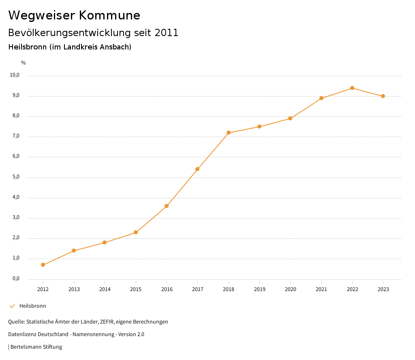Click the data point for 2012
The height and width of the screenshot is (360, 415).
tap(43, 265)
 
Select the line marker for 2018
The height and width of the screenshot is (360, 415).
tap(229, 133)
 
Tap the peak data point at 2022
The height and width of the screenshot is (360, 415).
tap(352, 88)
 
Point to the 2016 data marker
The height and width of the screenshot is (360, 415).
tap(167, 206)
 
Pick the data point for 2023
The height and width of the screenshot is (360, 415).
tap(383, 96)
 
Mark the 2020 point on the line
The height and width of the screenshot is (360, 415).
tap(290, 118)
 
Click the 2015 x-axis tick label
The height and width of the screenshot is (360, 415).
tap(136, 289)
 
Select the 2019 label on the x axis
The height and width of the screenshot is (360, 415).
tap(259, 289)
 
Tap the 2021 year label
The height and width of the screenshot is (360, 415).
tap(321, 289)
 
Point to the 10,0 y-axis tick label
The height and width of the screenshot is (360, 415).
tap(15, 75)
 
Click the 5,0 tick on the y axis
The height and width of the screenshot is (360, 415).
tap(16, 177)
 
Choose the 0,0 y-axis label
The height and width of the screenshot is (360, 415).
tap(16, 279)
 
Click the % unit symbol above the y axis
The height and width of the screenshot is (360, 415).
tap(24, 62)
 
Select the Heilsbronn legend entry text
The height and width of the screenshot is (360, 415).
tap(33, 306)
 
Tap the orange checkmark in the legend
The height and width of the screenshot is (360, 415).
tap(12, 306)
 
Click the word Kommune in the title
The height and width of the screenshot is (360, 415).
tap(109, 15)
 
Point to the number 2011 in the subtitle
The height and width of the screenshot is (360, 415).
tap(167, 33)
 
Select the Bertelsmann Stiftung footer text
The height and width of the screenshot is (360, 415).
tap(36, 347)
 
